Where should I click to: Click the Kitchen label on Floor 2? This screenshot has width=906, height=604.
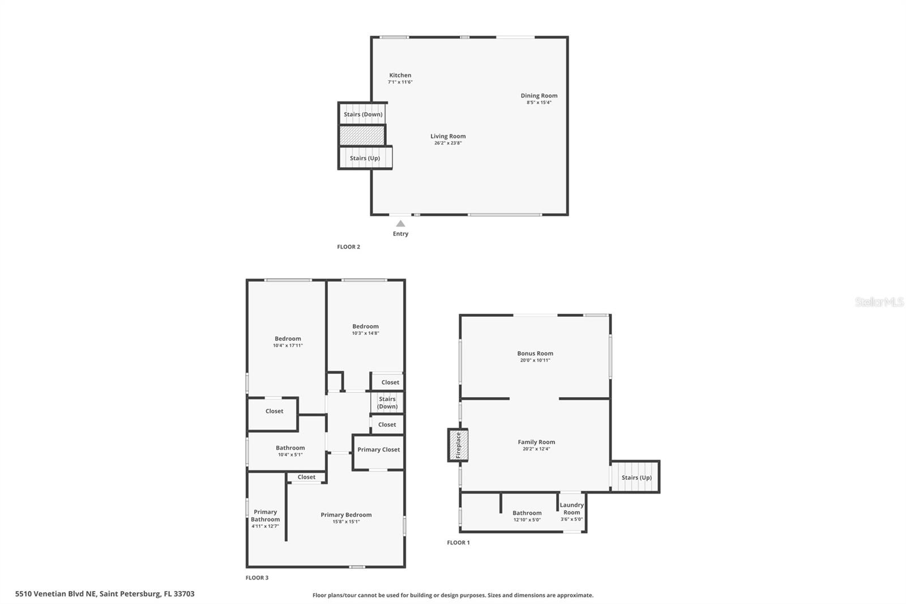click(x=400, y=75)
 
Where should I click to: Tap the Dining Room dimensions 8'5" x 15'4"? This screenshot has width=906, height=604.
click(x=539, y=103)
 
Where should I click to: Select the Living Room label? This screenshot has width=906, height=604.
click(x=448, y=136)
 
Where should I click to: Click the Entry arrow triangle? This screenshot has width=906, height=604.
click(x=400, y=224)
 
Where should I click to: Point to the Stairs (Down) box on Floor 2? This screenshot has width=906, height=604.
click(x=363, y=114)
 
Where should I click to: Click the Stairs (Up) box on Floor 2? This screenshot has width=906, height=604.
click(x=365, y=158)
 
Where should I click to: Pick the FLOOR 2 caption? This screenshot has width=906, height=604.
click(x=348, y=247)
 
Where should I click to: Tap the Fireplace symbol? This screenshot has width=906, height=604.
click(x=458, y=445)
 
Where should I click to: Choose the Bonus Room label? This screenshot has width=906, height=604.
click(x=535, y=354)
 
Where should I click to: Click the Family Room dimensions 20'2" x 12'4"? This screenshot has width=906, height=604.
click(x=536, y=449)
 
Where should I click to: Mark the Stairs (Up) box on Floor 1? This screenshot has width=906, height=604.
click(x=636, y=477)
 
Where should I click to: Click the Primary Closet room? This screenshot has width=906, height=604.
click(x=378, y=450)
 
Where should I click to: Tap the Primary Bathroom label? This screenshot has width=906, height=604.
click(x=265, y=516)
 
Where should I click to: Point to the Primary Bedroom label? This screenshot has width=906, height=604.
click(x=346, y=515)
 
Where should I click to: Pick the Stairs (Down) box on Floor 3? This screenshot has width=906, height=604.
click(x=387, y=402)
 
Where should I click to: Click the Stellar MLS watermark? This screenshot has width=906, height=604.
click(x=879, y=302)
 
